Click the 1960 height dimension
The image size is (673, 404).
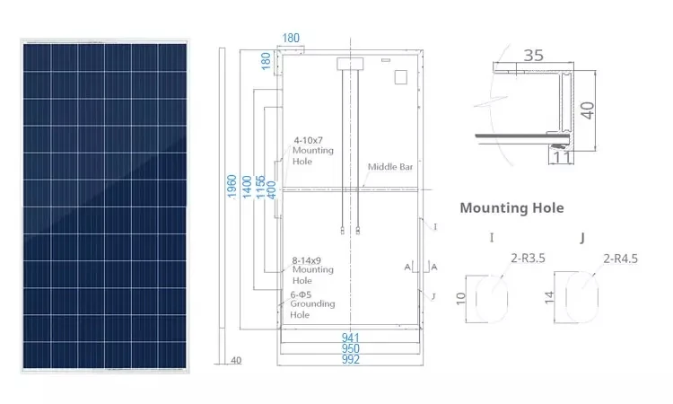232,189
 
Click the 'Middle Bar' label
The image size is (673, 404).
388,167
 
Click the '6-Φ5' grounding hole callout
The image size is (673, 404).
308,294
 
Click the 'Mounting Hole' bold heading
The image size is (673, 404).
511,207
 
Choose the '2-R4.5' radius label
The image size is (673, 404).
621,259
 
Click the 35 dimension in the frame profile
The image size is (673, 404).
533,55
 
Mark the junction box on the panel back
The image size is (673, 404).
348,64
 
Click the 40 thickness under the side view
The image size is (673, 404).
237,360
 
